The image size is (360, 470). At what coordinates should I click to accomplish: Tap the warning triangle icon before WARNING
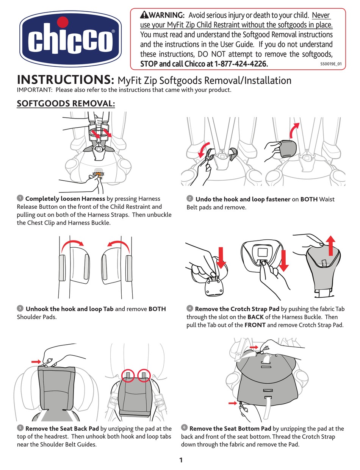coord(144,15)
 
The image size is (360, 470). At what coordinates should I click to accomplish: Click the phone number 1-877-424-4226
coord(241,64)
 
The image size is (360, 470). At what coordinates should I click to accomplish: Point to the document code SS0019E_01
coord(331,64)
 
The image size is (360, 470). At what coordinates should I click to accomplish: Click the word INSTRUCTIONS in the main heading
coord(66,80)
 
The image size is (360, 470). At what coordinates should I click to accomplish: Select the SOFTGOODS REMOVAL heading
coord(66,103)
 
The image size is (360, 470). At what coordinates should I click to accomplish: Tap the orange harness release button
coord(99,174)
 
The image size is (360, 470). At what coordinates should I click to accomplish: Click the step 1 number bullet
coord(20,198)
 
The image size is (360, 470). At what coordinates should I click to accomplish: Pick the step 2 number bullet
coord(190,198)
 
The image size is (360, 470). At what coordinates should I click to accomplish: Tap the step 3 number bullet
coord(20,308)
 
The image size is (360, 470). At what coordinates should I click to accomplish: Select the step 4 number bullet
coord(190,308)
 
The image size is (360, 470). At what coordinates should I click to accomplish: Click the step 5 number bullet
coord(20,428)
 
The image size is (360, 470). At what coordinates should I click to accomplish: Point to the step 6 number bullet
coord(184,427)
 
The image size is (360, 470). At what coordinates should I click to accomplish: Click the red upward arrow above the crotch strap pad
coord(331,246)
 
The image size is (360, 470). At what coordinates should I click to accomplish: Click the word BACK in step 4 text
coord(255,317)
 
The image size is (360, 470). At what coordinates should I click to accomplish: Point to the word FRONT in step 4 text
coord(255,325)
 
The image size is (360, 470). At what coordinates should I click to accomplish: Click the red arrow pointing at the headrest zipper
coord(36,362)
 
